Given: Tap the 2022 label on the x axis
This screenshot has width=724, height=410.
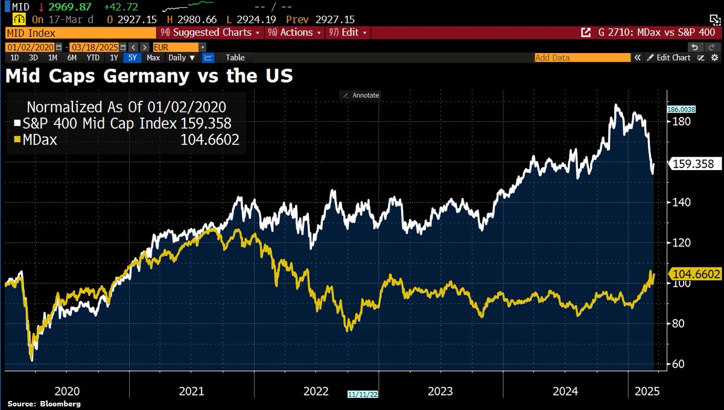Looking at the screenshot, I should [x=316, y=391].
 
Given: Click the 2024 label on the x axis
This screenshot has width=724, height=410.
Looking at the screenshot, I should [x=565, y=391].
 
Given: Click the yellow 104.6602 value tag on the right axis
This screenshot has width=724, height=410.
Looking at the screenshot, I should [x=696, y=274].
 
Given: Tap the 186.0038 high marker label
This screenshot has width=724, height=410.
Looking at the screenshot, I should [x=681, y=110].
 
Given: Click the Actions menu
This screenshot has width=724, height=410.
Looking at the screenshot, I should [x=295, y=33].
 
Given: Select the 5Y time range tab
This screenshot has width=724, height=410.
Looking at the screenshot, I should [x=132, y=58].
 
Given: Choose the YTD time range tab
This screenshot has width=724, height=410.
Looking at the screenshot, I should [x=93, y=58].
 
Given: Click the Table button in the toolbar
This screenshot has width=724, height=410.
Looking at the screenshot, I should [x=235, y=58].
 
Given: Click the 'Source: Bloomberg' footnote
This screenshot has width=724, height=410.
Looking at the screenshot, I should [x=44, y=403].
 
